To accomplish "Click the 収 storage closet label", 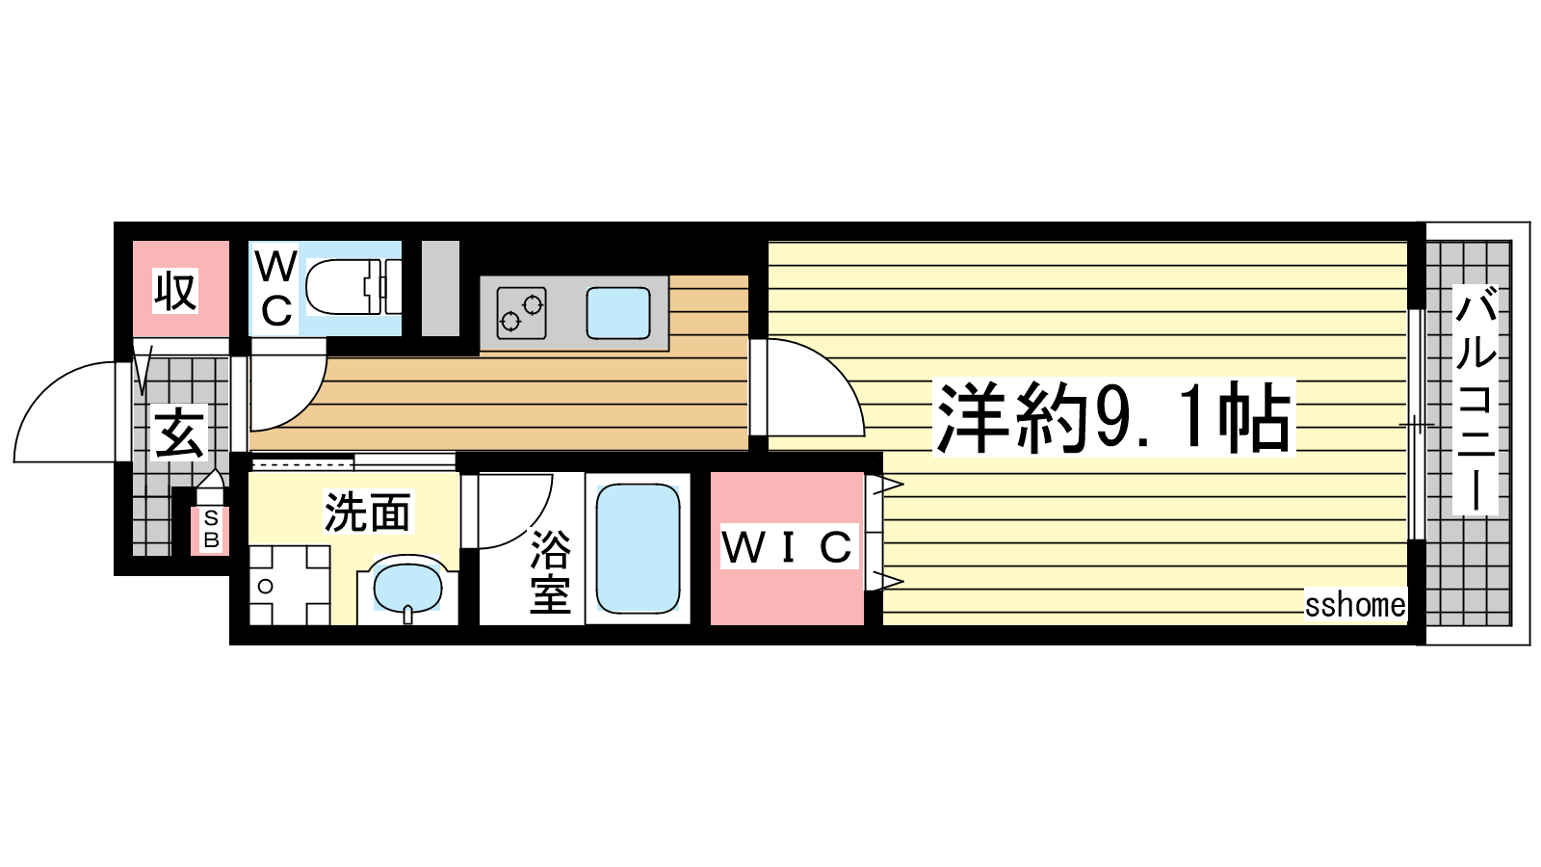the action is [x=175, y=291].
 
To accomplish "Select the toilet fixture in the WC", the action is [x=353, y=287].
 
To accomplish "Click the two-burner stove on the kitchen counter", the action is [x=521, y=313].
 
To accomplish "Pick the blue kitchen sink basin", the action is [x=618, y=313].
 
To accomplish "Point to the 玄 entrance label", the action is [x=179, y=433].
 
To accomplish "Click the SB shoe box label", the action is [x=212, y=529].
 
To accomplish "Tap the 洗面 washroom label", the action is [x=367, y=512].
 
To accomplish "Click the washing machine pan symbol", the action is [x=289, y=586].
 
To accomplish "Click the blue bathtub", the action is [x=638, y=548].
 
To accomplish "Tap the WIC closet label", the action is [x=788, y=546].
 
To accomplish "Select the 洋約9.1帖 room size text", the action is [x=1113, y=418].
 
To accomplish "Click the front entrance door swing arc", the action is [x=48, y=386].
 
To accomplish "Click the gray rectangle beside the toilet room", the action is [x=440, y=288].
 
